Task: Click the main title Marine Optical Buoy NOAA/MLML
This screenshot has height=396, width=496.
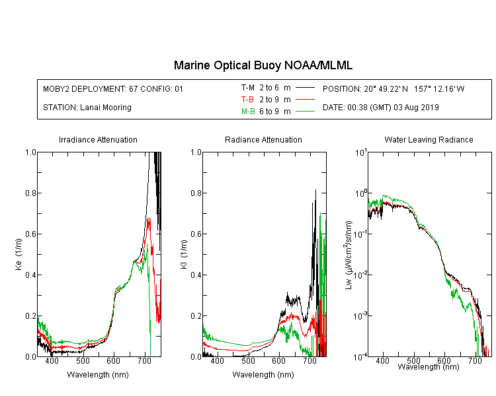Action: pos(263,65)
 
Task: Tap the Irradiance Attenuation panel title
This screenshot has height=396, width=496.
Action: pos(98,139)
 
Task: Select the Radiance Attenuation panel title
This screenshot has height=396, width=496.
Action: pos(263,139)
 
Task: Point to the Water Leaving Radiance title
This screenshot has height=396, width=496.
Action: pos(429,139)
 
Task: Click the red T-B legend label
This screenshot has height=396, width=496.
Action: pos(247,100)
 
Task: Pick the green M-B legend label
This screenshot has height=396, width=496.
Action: pos(248,112)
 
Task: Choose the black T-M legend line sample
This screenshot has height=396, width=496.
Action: pos(305,88)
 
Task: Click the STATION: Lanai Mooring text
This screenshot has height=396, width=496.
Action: pos(87,108)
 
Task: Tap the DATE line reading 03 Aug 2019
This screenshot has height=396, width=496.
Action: pos(380,108)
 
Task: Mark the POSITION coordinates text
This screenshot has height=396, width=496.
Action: pos(393,88)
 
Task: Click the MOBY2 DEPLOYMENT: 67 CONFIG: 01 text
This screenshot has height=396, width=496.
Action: pos(113,88)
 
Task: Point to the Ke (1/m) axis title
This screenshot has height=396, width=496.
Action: pos(19,254)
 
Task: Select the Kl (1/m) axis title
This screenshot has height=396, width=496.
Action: pos(184,254)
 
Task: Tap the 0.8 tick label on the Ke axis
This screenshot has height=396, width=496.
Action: pos(30,193)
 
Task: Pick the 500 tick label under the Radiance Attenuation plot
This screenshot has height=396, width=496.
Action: pos(248,360)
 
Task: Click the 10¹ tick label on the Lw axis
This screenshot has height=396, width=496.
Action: pos(361,152)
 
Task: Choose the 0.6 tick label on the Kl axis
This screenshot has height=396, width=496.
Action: pos(196,234)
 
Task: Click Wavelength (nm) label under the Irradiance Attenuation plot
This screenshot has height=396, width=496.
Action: pos(98,375)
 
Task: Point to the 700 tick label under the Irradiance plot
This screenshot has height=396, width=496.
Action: pos(144,360)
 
